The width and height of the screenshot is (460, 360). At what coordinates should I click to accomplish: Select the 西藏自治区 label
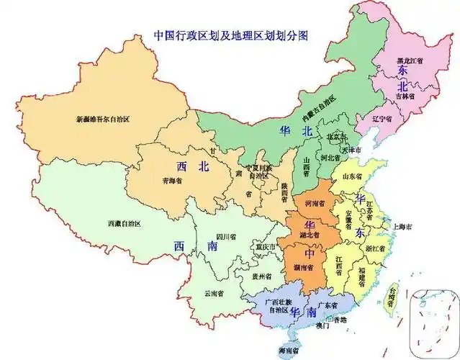tap(124, 224)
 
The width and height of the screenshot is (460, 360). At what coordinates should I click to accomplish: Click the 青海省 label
tap(172, 181)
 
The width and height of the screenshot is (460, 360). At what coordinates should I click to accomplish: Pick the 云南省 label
tap(214, 293)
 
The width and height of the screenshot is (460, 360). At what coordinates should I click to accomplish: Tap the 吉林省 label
tap(405, 95)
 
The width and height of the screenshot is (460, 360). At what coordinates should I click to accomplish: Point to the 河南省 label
tap(315, 204)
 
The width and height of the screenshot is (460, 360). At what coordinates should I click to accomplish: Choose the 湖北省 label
tap(310, 235)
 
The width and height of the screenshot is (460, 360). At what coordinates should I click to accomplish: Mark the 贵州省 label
tap(261, 276)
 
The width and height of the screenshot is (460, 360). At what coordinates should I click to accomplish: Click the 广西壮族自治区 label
tap(276, 305)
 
